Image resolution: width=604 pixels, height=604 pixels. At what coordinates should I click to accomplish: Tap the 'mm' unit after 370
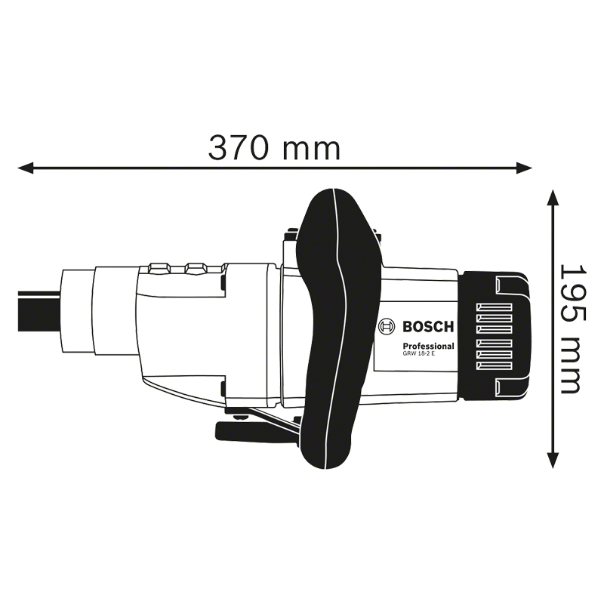(310, 149)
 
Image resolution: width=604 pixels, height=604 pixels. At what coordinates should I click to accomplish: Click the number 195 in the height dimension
(572, 291)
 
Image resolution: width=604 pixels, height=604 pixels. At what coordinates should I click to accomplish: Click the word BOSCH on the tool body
(427, 327)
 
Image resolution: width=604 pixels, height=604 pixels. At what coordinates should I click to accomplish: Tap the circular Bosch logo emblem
(387, 327)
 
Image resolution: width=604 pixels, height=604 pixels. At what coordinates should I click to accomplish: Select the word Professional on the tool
(427, 346)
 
